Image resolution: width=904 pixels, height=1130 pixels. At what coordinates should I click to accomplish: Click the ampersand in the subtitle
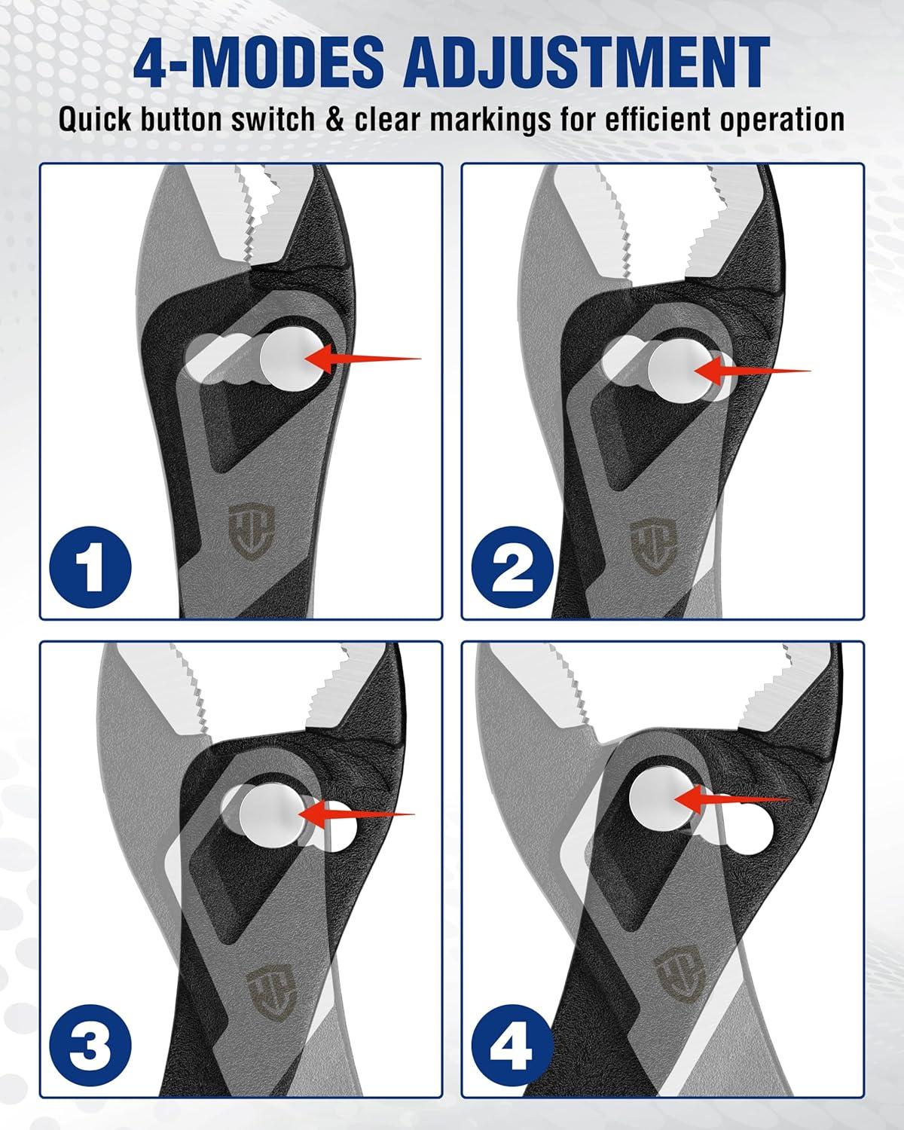(x=334, y=120)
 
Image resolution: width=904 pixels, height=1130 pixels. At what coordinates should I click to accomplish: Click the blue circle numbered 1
(x=90, y=567)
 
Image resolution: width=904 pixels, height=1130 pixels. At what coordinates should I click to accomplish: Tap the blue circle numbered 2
(x=512, y=567)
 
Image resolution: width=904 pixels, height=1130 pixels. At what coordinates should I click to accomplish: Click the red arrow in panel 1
(x=362, y=358)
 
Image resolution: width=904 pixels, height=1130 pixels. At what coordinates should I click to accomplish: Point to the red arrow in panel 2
(x=752, y=370)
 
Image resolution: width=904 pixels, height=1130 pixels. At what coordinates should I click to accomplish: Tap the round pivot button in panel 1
(x=292, y=359)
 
